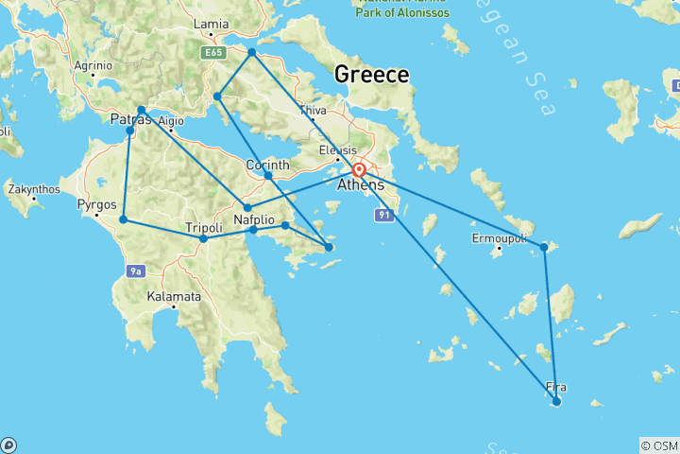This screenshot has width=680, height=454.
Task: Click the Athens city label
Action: coord(361,185)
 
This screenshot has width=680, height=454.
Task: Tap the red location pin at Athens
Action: coord(359,170)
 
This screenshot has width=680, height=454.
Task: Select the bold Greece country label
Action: coord(372,75)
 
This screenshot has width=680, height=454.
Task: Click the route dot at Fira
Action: coord(556,401)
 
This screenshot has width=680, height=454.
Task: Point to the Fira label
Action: coord(557,386)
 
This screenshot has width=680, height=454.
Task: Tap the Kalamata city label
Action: coord(174,296)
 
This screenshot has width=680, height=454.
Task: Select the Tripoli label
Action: coord(203,228)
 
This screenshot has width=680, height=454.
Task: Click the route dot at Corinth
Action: coord(268,175)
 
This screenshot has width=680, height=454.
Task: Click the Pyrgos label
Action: coord(97,204)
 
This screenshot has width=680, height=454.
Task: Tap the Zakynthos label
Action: coord(34,189)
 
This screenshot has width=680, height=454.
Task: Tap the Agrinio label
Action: coord(93,65)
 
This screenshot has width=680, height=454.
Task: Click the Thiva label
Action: coord(312,110)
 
